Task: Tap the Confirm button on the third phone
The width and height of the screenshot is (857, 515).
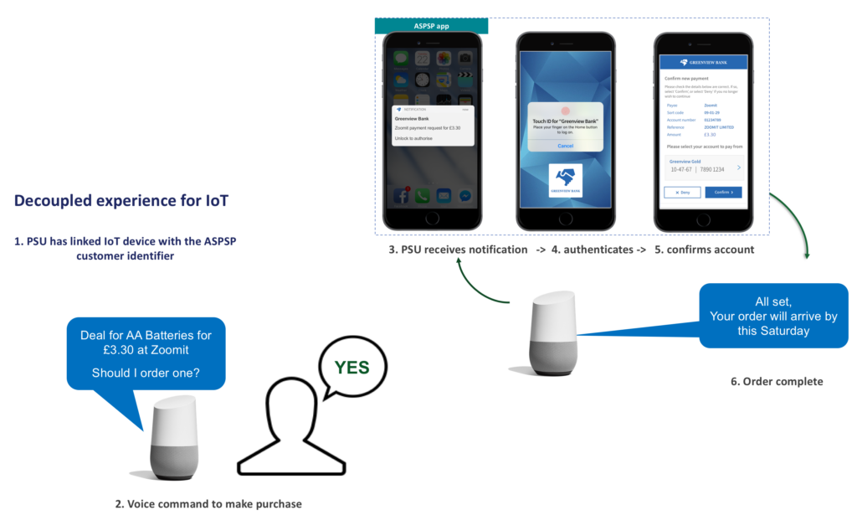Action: pyautogui.click(x=724, y=192)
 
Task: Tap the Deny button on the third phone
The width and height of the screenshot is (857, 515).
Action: pyautogui.click(x=682, y=192)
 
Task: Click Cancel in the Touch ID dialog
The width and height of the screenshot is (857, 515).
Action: pyautogui.click(x=565, y=145)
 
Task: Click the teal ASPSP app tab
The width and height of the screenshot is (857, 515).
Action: pyautogui.click(x=432, y=26)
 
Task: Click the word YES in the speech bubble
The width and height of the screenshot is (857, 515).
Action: pyautogui.click(x=352, y=367)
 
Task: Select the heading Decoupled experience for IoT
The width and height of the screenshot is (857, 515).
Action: pyautogui.click(x=121, y=201)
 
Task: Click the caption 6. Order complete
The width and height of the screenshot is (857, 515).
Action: pyautogui.click(x=777, y=382)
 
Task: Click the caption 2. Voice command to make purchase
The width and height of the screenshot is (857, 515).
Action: pyautogui.click(x=208, y=504)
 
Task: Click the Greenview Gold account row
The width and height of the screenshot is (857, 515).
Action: pyautogui.click(x=703, y=166)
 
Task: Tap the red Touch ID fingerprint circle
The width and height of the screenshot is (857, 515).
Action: pyautogui.click(x=565, y=111)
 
